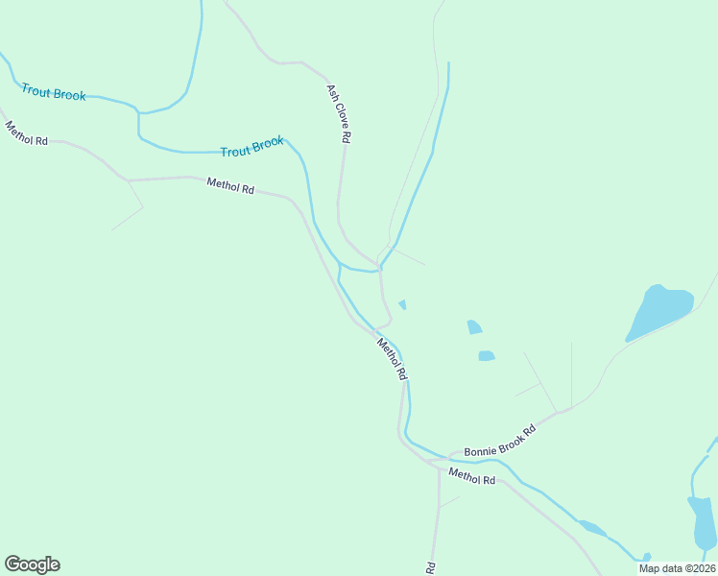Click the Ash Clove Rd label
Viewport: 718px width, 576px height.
coord(338,113)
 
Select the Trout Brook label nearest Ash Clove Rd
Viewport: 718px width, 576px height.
coord(252,148)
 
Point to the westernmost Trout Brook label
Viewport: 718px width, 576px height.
coord(54,93)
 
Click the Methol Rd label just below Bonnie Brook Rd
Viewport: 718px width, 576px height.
coord(471,475)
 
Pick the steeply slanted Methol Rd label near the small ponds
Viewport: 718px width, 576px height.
coord(393,359)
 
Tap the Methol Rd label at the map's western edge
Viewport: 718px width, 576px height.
coord(26,133)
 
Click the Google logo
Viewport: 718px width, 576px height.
coord(32,564)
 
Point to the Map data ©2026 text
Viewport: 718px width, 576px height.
coord(677,568)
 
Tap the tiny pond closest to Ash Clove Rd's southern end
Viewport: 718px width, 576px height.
coord(402,305)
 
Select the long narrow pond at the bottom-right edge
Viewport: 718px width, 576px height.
coord(703,523)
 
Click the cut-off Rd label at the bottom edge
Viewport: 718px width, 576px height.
coord(431,568)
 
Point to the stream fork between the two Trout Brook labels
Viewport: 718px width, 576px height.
coord(139,113)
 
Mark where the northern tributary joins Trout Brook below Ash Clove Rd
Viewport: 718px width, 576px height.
coord(380,269)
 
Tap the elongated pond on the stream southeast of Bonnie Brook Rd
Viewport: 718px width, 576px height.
coord(590,527)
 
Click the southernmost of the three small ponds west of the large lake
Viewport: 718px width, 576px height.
coord(487,356)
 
